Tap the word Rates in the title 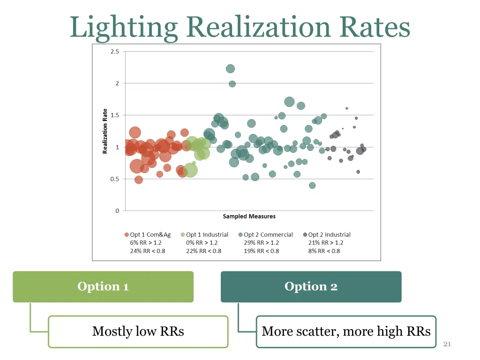[x=375, y=27]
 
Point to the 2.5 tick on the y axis [x=115, y=52]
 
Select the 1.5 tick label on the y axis [x=115, y=115]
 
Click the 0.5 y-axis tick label [x=115, y=179]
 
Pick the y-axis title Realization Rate [x=105, y=131]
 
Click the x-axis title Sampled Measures [x=249, y=217]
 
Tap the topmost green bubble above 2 [x=230, y=69]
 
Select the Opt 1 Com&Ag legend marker [x=127, y=235]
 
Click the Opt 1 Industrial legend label [x=207, y=235]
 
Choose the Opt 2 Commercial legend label [x=268, y=235]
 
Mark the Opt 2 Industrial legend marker [x=305, y=235]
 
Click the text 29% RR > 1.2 [x=261, y=243]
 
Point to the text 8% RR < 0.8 [x=324, y=251]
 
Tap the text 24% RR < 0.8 [x=148, y=251]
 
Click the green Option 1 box [x=103, y=286]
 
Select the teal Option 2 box [x=311, y=286]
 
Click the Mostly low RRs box [x=138, y=331]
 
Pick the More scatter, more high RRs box [x=346, y=331]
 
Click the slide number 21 [x=447, y=345]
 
